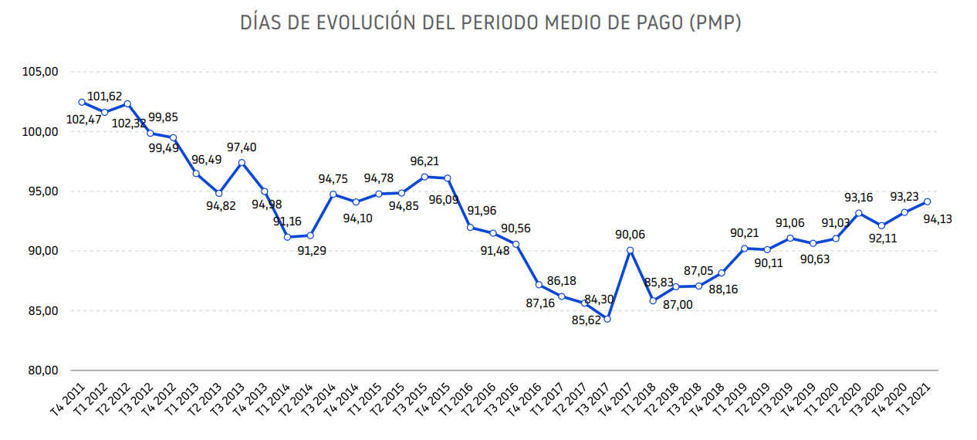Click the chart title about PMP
coord(490,23)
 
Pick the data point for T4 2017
coord(630,250)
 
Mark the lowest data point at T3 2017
coord(607,319)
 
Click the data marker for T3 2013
coord(242,163)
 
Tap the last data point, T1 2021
coord(928,201)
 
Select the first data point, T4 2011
coord(82,102)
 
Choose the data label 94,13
coord(937,218)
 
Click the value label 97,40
coord(242,147)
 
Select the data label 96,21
coord(424,162)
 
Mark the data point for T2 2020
coord(859,213)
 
